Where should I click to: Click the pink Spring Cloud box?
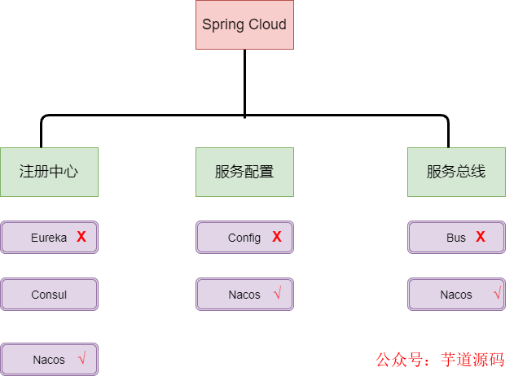click(x=244, y=24)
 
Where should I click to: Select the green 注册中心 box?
click(x=49, y=172)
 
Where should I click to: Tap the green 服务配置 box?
click(x=244, y=172)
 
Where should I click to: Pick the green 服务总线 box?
click(x=456, y=172)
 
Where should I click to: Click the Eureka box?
click(x=49, y=238)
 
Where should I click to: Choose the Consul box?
click(x=49, y=295)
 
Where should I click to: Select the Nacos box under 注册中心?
click(x=49, y=359)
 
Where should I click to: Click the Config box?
click(x=244, y=238)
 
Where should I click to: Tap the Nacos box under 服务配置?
click(x=244, y=295)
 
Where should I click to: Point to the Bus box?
click(x=456, y=238)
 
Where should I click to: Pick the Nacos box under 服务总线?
click(x=456, y=295)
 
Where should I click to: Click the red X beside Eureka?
click(x=81, y=237)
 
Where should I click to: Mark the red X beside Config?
click(x=277, y=237)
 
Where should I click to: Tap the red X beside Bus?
click(x=481, y=237)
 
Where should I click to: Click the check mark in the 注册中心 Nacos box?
click(x=81, y=358)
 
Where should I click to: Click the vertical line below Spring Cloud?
click(x=244, y=81)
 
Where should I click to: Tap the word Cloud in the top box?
click(x=267, y=24)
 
